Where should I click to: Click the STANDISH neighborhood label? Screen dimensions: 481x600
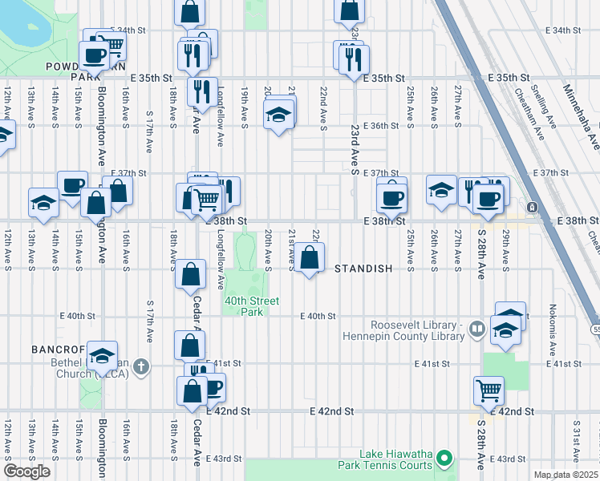363,269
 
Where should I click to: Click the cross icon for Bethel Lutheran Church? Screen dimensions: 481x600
141,366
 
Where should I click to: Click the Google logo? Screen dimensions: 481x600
26,471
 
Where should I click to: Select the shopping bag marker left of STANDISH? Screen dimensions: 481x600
310,258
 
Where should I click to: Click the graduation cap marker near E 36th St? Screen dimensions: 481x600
278,115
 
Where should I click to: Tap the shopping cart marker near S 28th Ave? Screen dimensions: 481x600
488,390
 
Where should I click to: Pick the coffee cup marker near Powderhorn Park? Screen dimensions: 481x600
94,56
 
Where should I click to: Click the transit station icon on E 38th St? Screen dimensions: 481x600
532,208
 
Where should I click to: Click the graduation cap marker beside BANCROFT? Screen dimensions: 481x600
103,354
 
